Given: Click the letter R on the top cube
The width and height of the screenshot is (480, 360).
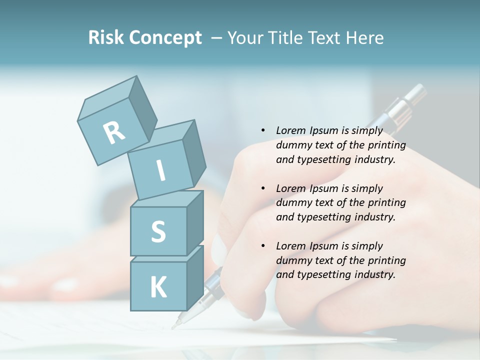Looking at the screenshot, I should tap(114, 133).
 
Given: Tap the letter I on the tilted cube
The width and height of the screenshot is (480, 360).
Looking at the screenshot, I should tap(161, 170).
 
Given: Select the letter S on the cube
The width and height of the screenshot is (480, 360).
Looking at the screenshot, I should tap(158, 231).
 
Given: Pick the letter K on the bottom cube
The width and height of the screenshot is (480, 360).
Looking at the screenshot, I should tap(158, 287).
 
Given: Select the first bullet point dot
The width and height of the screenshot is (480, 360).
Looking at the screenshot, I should tap(263, 130).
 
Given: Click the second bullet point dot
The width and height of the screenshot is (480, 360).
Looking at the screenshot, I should tap(263, 188).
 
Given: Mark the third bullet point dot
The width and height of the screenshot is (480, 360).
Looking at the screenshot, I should tap(263, 246).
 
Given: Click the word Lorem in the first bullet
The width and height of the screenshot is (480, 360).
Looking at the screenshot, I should tap(291, 130).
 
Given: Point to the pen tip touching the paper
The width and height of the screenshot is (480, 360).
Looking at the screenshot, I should tap(174, 326).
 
